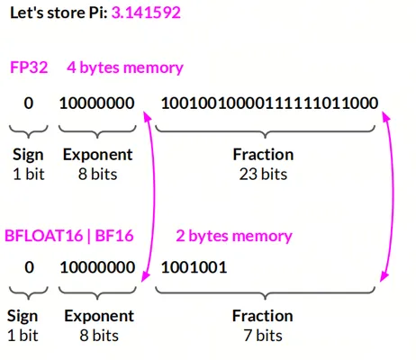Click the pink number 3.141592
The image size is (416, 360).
click(146, 13)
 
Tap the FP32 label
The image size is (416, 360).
click(29, 67)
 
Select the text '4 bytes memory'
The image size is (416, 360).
click(125, 67)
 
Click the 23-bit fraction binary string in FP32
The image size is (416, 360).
click(269, 103)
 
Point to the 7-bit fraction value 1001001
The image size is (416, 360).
click(194, 267)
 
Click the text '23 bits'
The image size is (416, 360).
click(263, 174)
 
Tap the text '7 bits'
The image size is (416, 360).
click(263, 336)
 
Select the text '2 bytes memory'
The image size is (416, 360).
click(234, 236)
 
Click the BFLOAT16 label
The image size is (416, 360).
click(43, 236)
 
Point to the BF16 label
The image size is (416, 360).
click(114, 236)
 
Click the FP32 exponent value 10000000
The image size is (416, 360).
click(97, 103)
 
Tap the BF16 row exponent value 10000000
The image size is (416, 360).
click(97, 267)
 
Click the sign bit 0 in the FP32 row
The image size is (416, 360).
click(29, 103)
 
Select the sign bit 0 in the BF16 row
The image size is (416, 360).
click(29, 267)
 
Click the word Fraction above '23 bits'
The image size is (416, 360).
click(263, 155)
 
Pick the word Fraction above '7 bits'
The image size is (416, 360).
click(263, 316)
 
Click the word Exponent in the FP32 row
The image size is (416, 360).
click(97, 155)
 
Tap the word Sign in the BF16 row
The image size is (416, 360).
click(23, 317)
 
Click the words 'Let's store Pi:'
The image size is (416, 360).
click(59, 13)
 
